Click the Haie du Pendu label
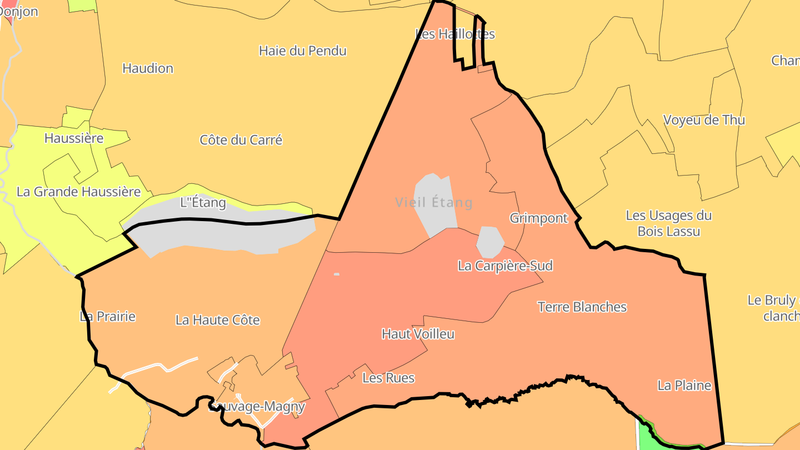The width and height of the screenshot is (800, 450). (303, 51)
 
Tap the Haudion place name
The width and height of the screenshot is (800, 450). (148, 69)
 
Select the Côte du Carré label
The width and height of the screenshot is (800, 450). (241, 140)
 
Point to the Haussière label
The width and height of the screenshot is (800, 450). (74, 138)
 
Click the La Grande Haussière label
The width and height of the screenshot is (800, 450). (78, 192)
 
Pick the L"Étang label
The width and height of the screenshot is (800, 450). (203, 203)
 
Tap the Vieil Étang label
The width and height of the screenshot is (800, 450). (434, 203)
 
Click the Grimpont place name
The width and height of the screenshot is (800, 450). (539, 218)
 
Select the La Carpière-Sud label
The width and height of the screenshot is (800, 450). (505, 266)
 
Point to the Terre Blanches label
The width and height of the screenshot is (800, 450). (582, 307)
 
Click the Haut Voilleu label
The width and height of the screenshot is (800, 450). (418, 334)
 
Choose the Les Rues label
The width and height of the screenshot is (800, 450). (388, 378)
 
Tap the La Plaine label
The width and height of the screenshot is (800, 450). (684, 386)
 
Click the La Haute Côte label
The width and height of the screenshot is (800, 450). (218, 320)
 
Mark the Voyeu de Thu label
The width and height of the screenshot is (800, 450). (704, 121)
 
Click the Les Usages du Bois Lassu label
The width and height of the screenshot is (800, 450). (669, 223)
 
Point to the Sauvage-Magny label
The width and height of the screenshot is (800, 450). (257, 407)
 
